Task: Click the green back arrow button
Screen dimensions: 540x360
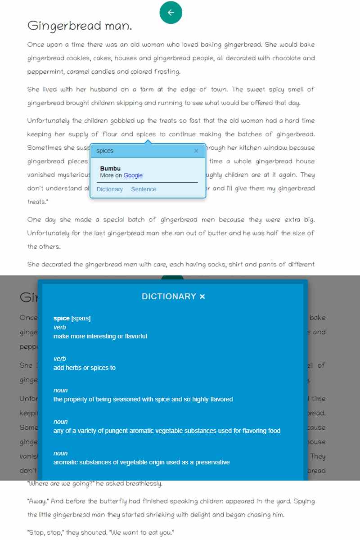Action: pyautogui.click(x=171, y=13)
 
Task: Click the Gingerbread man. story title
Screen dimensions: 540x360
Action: pyautogui.click(x=80, y=26)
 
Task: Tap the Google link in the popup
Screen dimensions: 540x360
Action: pyautogui.click(x=133, y=175)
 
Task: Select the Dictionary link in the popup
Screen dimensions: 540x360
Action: pyautogui.click(x=109, y=189)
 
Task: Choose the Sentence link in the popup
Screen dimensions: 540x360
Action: pyautogui.click(x=144, y=189)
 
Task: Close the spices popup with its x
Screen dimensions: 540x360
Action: pyautogui.click(x=196, y=151)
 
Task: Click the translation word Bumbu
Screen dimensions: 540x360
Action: pyautogui.click(x=110, y=169)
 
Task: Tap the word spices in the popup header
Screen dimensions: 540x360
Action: pyautogui.click(x=105, y=151)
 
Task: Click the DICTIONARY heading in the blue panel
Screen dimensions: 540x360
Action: pyautogui.click(x=169, y=297)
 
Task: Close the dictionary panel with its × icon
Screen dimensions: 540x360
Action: pyautogui.click(x=202, y=297)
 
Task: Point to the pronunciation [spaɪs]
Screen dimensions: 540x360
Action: pyautogui.click(x=81, y=319)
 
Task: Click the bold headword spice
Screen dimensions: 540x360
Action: pyautogui.click(x=62, y=319)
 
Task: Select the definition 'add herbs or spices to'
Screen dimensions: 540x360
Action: pyautogui.click(x=85, y=368)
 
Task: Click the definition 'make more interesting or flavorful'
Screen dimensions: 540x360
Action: pyautogui.click(x=100, y=336)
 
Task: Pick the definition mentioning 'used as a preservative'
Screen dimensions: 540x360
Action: pyautogui.click(x=142, y=462)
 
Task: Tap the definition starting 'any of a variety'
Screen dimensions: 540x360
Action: pyautogui.click(x=167, y=431)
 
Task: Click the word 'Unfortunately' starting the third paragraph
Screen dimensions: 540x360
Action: pyautogui.click(x=48, y=121)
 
